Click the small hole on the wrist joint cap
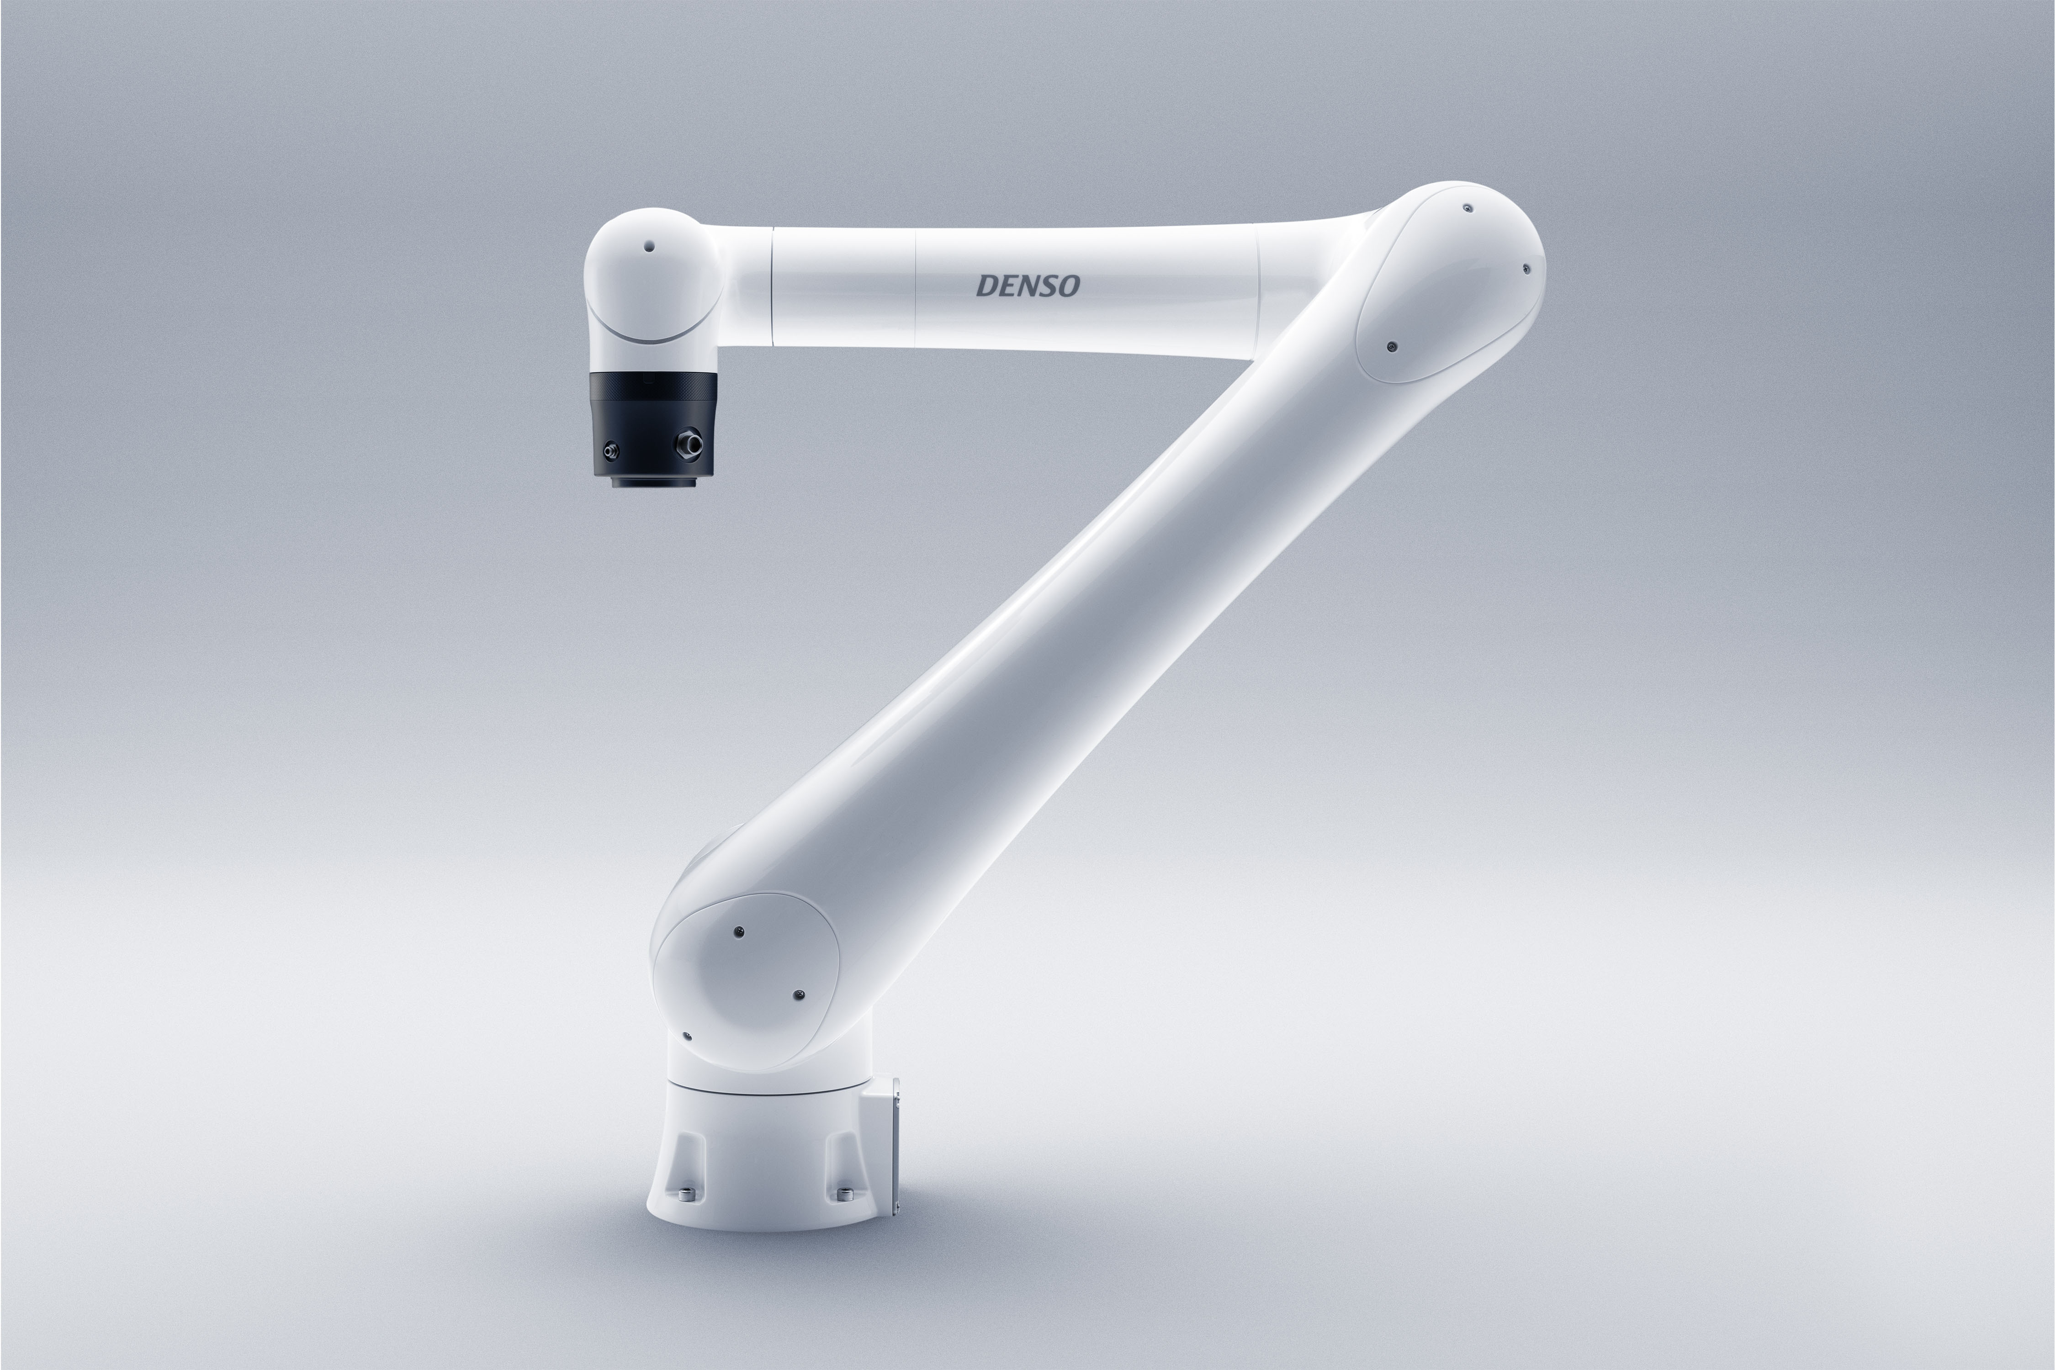648,246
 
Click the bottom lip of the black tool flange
654,481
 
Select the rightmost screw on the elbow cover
1526,269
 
